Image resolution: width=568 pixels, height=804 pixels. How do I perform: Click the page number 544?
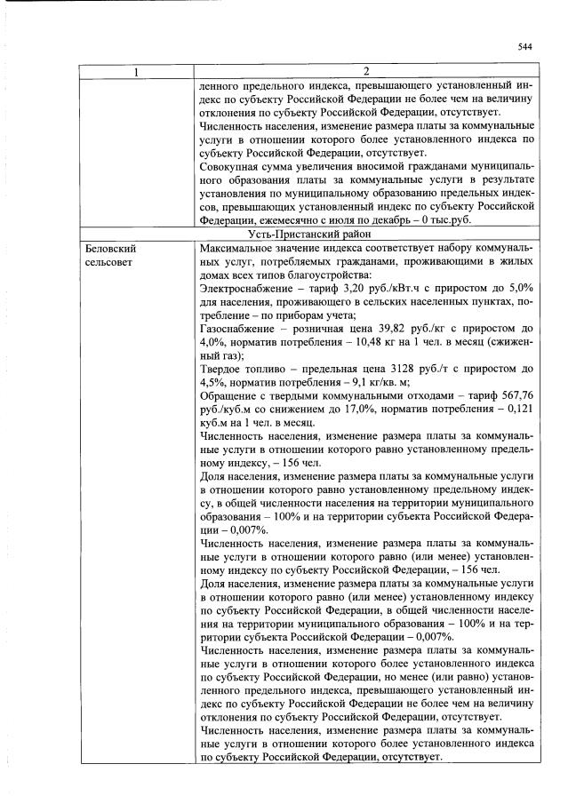tap(524, 48)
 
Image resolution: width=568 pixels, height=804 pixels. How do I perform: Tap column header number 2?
tap(365, 71)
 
